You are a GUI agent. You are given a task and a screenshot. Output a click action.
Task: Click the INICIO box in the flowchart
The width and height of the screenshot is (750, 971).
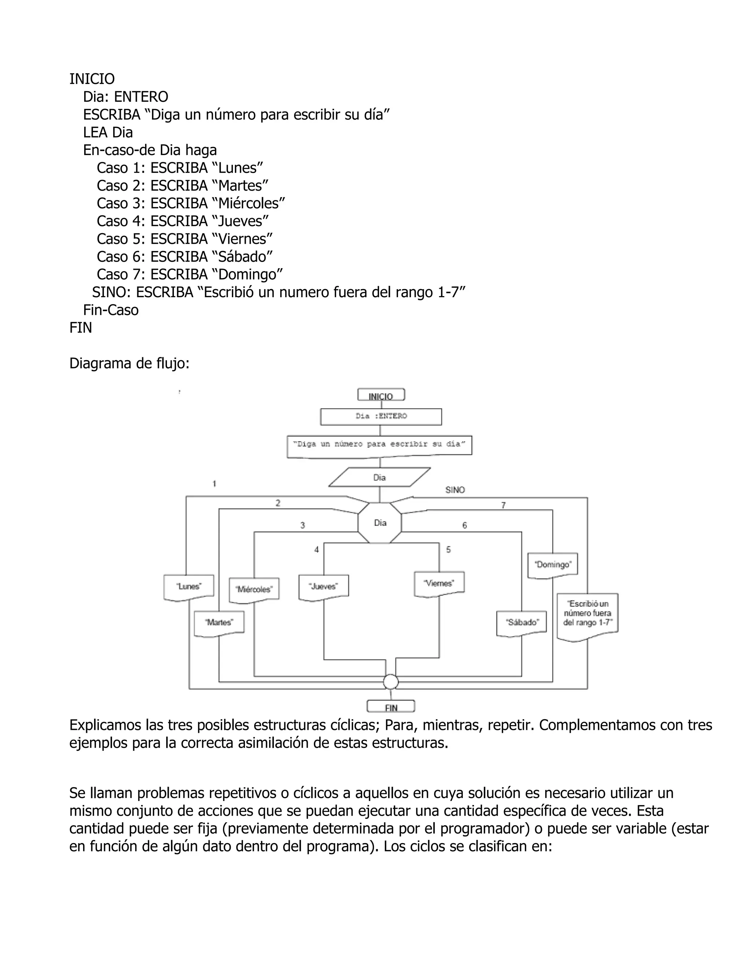381,395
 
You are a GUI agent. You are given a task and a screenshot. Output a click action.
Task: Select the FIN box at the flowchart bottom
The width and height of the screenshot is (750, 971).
390,706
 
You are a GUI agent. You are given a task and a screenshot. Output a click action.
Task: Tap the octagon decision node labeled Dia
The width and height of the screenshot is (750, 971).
379,523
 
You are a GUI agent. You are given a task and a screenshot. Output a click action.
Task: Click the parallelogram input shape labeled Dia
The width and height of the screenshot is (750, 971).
379,477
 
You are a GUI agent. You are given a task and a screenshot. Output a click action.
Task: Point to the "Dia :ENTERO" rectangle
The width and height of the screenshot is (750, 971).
381,417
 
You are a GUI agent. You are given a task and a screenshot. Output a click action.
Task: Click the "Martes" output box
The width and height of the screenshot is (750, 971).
219,623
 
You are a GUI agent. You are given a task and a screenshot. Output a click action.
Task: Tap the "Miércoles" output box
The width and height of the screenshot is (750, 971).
254,590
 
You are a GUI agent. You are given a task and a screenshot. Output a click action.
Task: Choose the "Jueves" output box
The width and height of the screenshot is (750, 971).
323,587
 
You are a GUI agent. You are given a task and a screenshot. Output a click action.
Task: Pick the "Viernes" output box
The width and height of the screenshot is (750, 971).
439,584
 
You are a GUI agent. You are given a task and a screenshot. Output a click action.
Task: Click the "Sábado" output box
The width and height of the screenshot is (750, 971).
521,623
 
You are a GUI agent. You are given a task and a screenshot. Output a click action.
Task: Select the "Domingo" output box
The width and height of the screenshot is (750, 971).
553,565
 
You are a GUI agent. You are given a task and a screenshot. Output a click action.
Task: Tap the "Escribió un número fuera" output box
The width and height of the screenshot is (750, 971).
587,615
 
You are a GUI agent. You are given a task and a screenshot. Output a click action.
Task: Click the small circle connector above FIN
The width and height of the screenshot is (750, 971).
390,682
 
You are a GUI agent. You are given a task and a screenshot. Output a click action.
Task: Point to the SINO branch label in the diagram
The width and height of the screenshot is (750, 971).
455,490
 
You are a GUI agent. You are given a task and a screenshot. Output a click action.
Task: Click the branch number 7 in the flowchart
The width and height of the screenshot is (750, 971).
504,506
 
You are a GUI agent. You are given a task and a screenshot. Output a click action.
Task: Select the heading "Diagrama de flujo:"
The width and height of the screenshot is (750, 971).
129,364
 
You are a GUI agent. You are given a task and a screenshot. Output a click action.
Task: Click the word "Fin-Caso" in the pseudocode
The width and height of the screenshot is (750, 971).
111,310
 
